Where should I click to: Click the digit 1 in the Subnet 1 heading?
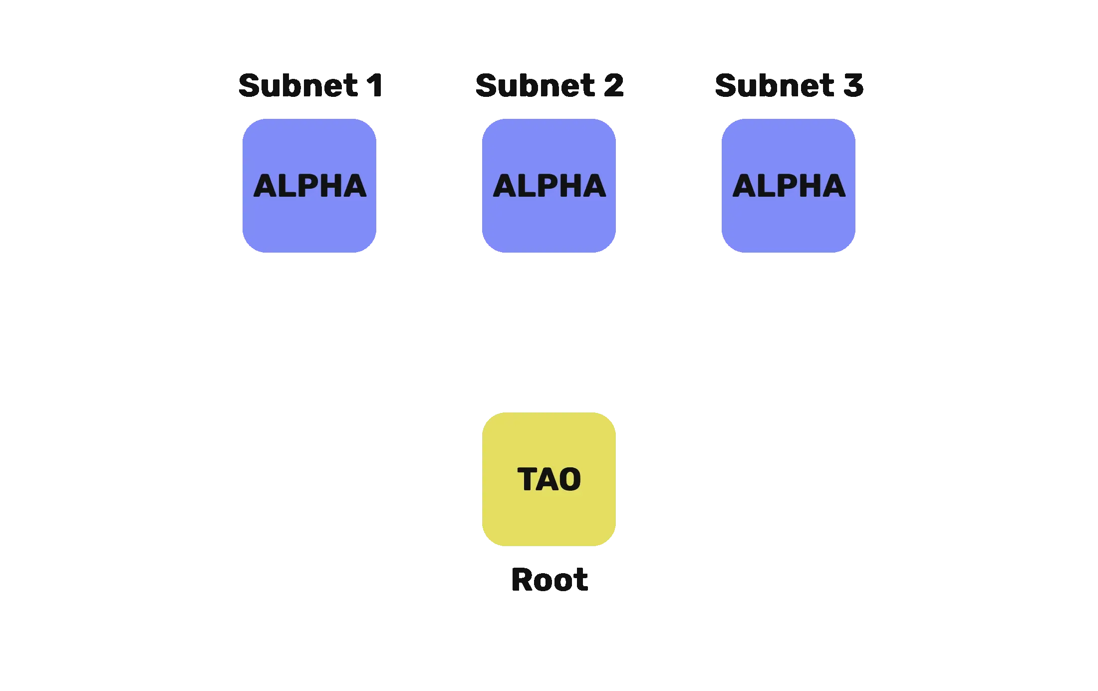[375, 85]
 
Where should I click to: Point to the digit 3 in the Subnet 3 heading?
[853, 85]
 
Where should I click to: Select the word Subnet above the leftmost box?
[298, 85]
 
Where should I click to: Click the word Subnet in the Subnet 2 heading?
[536, 85]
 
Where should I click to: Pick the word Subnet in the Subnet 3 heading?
[775, 85]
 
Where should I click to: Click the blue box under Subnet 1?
[309, 186]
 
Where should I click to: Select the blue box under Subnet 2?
[549, 186]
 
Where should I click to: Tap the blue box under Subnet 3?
[789, 186]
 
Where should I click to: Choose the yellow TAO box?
[549, 479]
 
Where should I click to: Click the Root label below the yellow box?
[549, 580]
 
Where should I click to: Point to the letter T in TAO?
[527, 479]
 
